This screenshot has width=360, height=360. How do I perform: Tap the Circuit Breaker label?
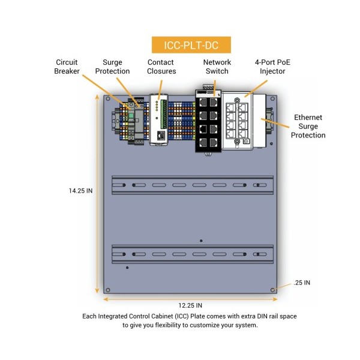click(67, 67)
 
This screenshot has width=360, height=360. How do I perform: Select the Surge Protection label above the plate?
click(116, 67)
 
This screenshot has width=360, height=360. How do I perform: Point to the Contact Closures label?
click(161, 67)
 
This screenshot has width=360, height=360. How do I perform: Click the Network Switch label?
click(217, 67)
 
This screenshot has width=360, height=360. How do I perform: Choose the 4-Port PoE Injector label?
click(270, 67)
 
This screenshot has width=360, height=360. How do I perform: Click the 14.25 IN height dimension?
click(80, 190)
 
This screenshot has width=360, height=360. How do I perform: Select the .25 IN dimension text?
click(302, 283)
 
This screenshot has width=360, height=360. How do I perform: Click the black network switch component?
click(208, 122)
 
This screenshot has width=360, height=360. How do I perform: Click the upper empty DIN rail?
click(192, 185)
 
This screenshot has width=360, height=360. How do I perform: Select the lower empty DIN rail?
click(192, 254)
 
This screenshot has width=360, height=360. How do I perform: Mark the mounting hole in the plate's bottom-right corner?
click(273, 289)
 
